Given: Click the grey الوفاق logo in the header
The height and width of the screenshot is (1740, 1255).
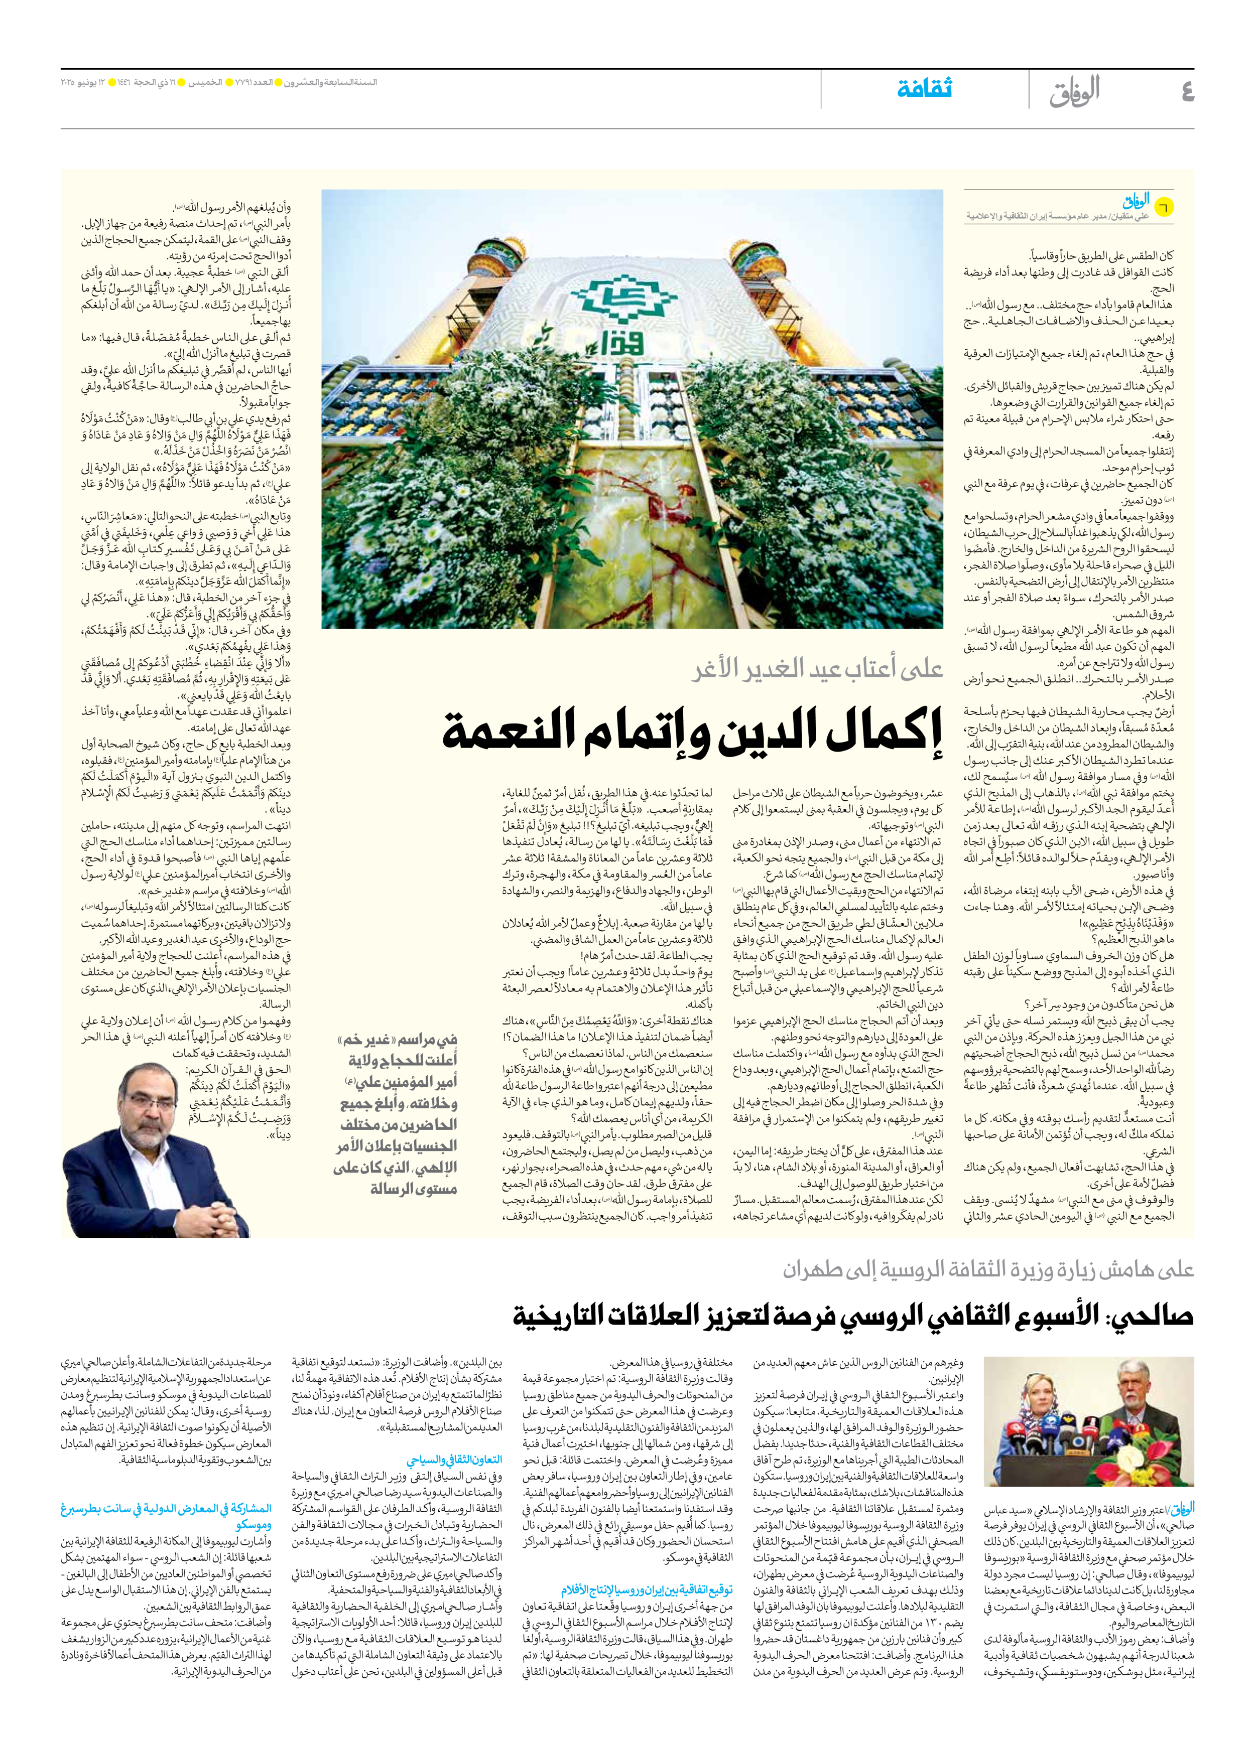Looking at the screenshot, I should click(x=1075, y=90).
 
